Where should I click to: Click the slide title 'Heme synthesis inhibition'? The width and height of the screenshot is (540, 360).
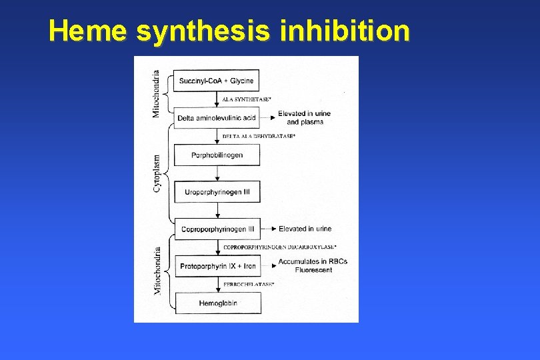pos(229,31)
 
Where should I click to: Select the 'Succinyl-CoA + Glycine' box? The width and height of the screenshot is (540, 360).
pos(217,81)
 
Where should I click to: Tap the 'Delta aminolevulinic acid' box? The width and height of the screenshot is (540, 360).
pos(217,118)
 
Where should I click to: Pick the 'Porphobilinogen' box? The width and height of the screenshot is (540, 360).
pos(217,155)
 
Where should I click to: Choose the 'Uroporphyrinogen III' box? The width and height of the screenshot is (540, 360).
pos(217,192)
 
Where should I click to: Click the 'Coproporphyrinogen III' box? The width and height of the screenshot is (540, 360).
pos(217,229)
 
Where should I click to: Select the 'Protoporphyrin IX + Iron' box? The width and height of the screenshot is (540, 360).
pos(217,266)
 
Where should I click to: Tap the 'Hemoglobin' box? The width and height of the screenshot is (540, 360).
pos(217,303)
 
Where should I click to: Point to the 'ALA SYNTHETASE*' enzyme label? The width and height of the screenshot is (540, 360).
pos(246,99)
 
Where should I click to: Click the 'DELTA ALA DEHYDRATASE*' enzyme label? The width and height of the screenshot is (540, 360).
pos(259,136)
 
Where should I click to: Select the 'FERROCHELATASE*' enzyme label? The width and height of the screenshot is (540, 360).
pos(248,285)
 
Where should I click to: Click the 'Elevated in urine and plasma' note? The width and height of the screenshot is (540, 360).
pos(304,118)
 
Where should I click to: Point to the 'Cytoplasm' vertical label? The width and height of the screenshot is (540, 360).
pos(157,173)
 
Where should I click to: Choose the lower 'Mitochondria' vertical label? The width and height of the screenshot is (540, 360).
pos(157,271)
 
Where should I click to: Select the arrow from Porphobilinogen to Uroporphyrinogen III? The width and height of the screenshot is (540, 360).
pos(217,173)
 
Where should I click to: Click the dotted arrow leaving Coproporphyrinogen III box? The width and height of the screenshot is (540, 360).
pos(267,229)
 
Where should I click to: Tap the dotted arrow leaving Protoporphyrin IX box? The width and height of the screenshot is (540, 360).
pos(267,266)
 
